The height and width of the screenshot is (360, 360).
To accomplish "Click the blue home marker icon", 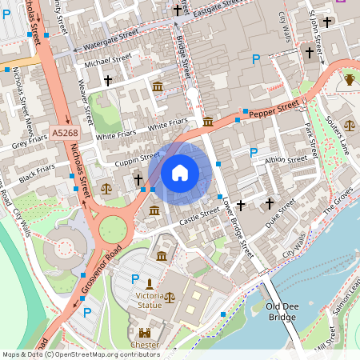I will click(x=180, y=172).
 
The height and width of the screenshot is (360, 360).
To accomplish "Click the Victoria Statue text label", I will click(x=150, y=301).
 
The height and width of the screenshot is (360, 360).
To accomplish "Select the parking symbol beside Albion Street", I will click(x=254, y=152).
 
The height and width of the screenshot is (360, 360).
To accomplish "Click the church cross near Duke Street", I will click(x=270, y=204).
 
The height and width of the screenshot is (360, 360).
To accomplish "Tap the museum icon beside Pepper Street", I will click(x=208, y=122).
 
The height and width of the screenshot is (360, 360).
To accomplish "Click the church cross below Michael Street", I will click(x=108, y=80).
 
